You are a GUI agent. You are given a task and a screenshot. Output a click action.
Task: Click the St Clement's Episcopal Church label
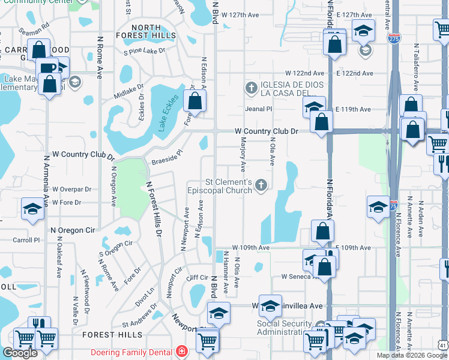[x=228, y=187]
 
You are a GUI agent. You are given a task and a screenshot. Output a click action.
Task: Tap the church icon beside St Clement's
[x=261, y=185]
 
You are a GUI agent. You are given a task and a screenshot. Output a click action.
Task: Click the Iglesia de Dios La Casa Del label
[x=292, y=88]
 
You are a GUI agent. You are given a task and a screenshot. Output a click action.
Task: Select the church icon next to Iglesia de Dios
[x=252, y=88]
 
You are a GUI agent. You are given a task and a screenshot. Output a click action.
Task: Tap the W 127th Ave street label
[x=240, y=14]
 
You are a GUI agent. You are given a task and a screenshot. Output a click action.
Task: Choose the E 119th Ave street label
[x=354, y=109]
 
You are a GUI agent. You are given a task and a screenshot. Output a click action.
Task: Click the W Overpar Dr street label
[x=71, y=189]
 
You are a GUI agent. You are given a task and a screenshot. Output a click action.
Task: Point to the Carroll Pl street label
[x=26, y=239]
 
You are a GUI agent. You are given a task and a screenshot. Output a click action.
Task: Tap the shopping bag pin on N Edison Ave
[x=195, y=101]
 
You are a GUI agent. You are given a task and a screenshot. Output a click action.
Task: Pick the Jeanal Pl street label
[x=259, y=109]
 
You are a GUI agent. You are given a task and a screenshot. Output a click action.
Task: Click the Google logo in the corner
[x=20, y=352]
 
